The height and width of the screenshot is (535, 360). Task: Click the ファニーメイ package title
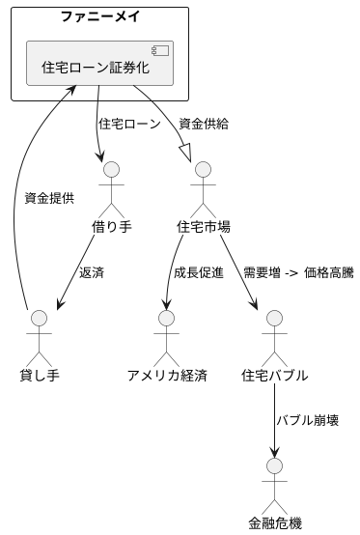pyautogui.click(x=99, y=17)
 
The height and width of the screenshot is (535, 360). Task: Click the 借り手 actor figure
pyautogui.click(x=112, y=187)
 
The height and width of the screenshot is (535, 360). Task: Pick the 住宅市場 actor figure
pyautogui.click(x=204, y=187)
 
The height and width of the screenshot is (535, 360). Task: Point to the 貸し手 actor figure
pyautogui.click(x=40, y=334)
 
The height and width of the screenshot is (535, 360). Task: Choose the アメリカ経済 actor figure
pyautogui.click(x=167, y=334)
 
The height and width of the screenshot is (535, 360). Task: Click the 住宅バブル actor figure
pyautogui.click(x=276, y=334)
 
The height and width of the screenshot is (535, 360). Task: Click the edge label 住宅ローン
pyautogui.click(x=129, y=125)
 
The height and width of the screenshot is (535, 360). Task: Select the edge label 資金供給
pyautogui.click(x=204, y=125)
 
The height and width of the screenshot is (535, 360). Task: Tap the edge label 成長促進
pyautogui.click(x=198, y=272)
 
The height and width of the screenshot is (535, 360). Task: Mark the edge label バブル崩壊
pyautogui.click(x=307, y=420)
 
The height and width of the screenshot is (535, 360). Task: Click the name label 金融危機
pyautogui.click(x=276, y=524)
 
